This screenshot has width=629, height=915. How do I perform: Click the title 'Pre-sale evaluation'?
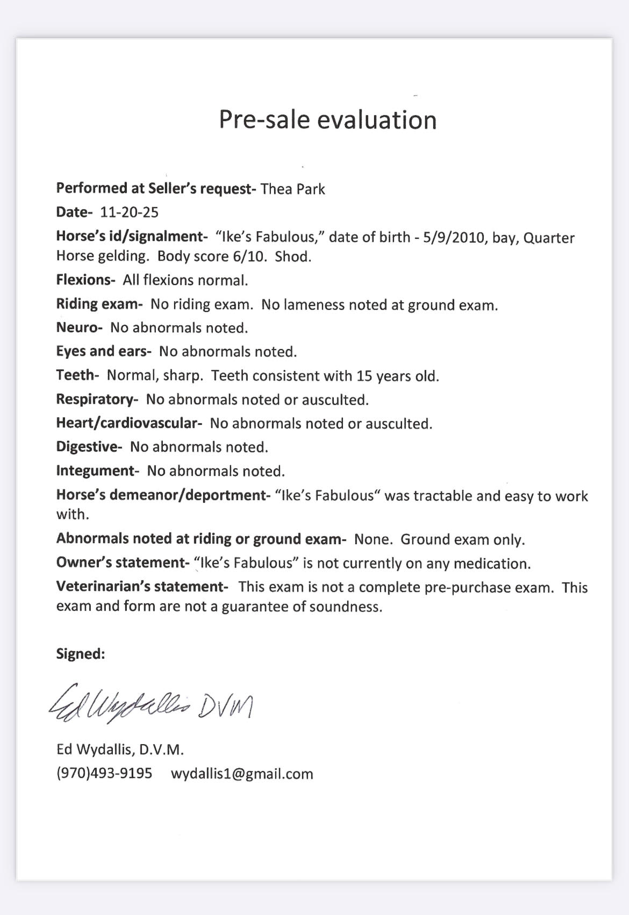(327, 120)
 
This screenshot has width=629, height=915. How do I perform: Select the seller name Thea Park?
(293, 189)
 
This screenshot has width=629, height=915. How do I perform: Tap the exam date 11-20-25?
(130, 212)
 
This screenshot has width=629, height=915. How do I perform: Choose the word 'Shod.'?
(293, 256)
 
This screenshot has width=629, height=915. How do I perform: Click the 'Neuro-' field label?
(79, 327)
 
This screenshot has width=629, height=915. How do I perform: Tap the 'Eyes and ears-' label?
(104, 352)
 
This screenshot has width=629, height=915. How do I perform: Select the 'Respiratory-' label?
(97, 399)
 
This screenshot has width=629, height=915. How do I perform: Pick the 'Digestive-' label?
(89, 447)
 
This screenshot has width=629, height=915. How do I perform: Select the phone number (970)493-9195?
(104, 774)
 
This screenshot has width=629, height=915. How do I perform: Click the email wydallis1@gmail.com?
(242, 774)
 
